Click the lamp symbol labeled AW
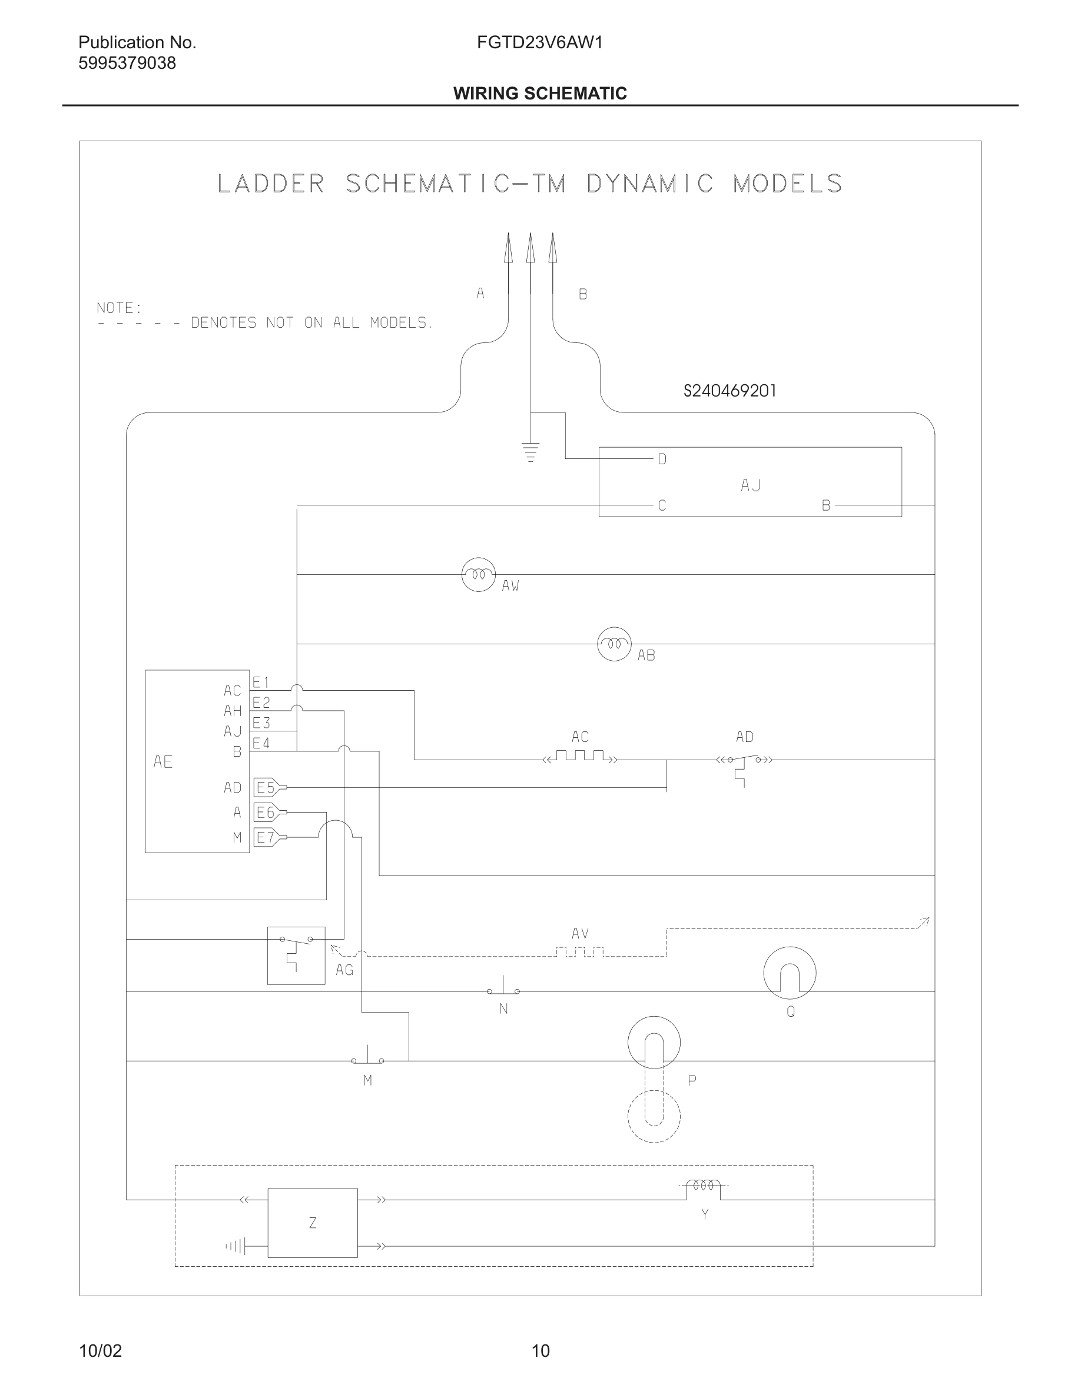point(478,574)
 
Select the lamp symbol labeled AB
point(614,643)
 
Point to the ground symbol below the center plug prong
point(530,452)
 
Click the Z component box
point(313,1223)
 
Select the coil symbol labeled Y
point(703,1186)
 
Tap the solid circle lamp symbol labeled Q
point(790,973)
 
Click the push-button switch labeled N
point(503,990)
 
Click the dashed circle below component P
point(654,1116)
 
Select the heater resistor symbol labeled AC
point(580,757)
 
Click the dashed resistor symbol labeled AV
point(579,952)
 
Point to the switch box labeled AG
point(296,955)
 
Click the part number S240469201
point(729,391)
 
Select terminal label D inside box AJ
point(662,459)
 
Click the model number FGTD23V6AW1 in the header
point(540,43)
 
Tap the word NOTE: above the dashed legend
point(119,308)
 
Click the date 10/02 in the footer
point(100,1350)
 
